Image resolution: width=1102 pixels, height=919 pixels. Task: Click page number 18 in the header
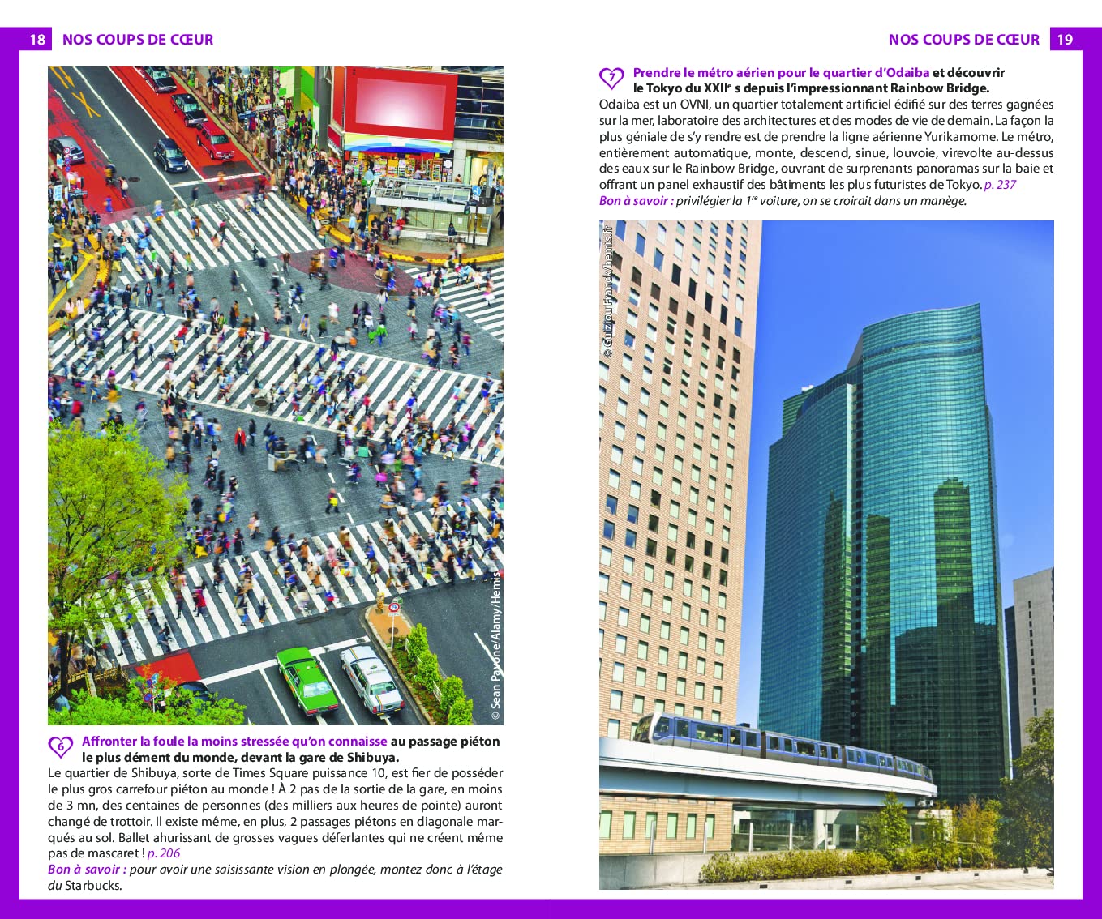37,40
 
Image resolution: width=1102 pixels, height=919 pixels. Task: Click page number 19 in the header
1065,40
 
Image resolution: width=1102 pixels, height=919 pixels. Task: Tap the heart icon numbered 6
61,746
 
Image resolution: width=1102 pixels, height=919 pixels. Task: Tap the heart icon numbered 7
611,79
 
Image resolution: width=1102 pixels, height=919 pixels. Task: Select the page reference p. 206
163,853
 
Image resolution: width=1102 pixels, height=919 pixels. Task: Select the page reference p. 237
1000,185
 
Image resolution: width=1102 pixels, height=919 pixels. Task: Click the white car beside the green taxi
371,681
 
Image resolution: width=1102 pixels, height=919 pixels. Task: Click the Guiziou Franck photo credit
608,291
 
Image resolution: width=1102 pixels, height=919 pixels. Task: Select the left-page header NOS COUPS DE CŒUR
138,40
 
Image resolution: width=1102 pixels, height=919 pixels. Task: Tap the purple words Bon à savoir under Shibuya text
84,870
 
